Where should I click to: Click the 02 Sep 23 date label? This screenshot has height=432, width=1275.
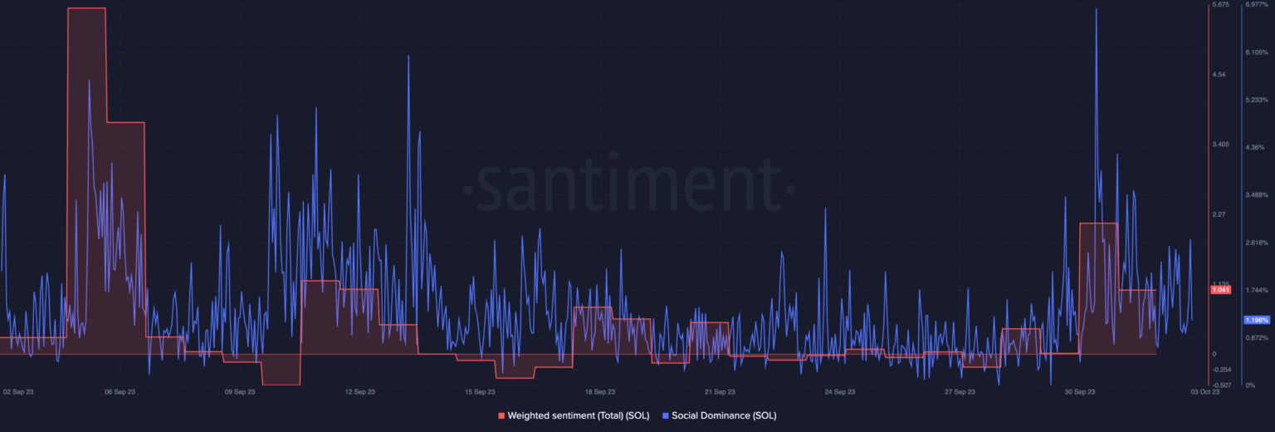pyautogui.click(x=17, y=391)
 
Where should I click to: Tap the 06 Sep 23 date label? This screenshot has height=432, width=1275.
pyautogui.click(x=120, y=391)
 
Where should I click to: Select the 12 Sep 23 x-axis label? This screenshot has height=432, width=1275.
pyautogui.click(x=359, y=391)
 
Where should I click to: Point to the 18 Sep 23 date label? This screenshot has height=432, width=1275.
pyautogui.click(x=599, y=391)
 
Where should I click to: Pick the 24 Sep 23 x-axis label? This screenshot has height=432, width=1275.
pyautogui.click(x=839, y=391)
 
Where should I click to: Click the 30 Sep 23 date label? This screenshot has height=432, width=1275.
pyautogui.click(x=1079, y=391)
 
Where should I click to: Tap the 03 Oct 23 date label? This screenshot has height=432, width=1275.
pyautogui.click(x=1205, y=391)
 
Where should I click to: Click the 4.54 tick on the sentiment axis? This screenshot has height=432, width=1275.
pyautogui.click(x=1219, y=75)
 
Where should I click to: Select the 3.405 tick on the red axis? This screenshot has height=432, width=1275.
pyautogui.click(x=1220, y=145)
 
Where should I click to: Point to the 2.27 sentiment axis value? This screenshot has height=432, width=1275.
pyautogui.click(x=1219, y=214)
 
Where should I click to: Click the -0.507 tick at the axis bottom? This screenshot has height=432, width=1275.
pyautogui.click(x=1221, y=385)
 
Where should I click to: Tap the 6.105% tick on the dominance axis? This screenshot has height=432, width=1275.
pyautogui.click(x=1257, y=52)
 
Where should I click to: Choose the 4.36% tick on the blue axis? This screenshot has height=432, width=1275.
pyautogui.click(x=1255, y=147)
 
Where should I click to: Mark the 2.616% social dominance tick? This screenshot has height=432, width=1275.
pyautogui.click(x=1257, y=243)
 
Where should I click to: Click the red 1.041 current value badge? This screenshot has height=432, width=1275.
pyautogui.click(x=1220, y=290)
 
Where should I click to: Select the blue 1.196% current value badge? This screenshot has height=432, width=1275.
pyautogui.click(x=1257, y=320)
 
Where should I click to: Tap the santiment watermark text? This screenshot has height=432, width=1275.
pyautogui.click(x=628, y=184)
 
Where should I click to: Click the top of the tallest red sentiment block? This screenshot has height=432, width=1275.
pyautogui.click(x=86, y=8)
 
